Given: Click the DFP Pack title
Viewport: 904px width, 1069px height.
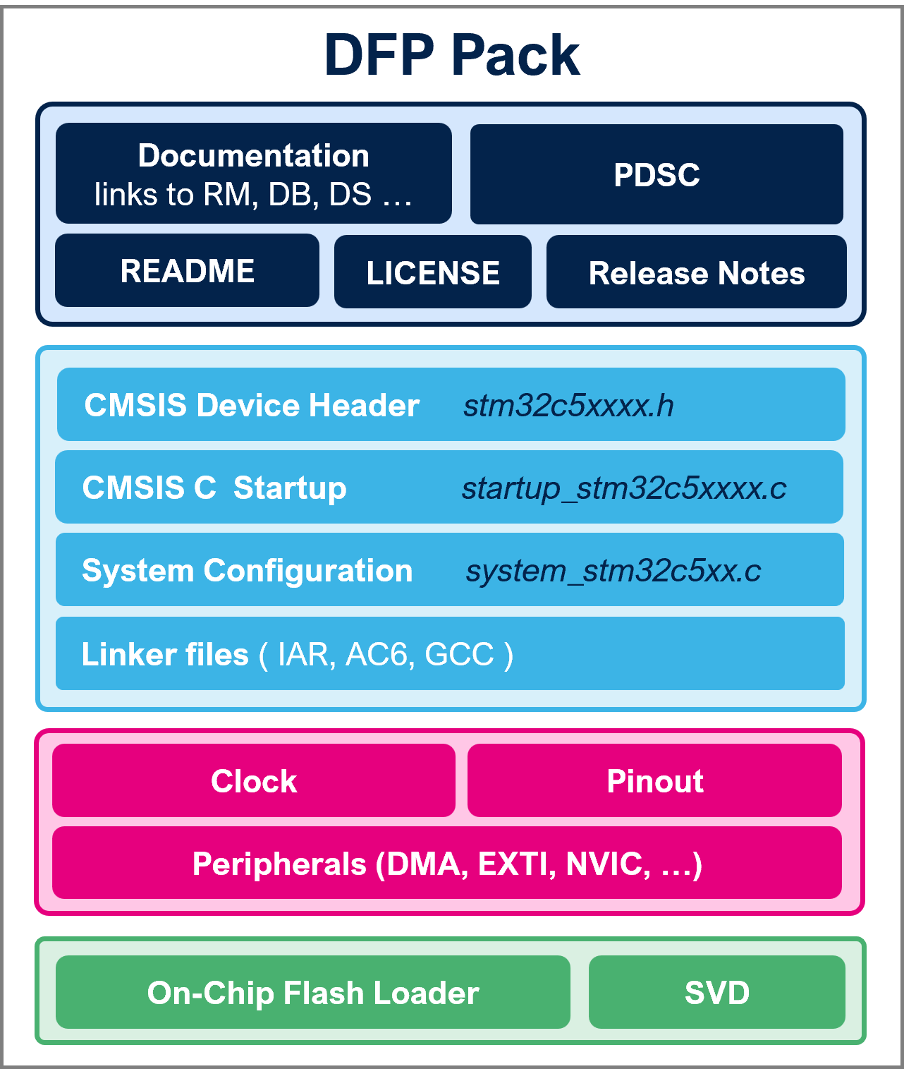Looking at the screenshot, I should pyautogui.click(x=451, y=55).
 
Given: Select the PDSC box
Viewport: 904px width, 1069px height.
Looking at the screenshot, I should pyautogui.click(x=656, y=174).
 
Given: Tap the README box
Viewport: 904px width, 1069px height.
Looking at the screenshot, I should pyautogui.click(x=187, y=271).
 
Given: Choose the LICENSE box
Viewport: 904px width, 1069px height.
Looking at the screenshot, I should pyautogui.click(x=432, y=273).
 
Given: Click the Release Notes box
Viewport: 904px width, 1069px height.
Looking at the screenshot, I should pyautogui.click(x=696, y=273).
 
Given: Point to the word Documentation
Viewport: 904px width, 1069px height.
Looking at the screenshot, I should pyautogui.click(x=253, y=155).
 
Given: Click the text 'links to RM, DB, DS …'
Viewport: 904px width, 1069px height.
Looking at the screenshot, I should pyautogui.click(x=253, y=195).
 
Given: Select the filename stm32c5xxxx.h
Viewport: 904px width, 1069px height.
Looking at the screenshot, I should pyautogui.click(x=568, y=406).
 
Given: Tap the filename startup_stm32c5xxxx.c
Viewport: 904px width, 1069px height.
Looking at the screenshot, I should pyautogui.click(x=623, y=488).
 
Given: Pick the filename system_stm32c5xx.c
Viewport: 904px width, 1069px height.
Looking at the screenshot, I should pyautogui.click(x=613, y=571).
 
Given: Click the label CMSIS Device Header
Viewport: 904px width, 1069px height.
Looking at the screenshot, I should pyautogui.click(x=252, y=406).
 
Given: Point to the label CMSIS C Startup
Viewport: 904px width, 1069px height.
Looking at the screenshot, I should pyautogui.click(x=214, y=488).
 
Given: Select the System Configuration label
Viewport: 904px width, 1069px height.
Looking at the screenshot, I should pyautogui.click(x=247, y=571).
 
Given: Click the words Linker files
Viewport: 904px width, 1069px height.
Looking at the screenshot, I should pyautogui.click(x=165, y=655).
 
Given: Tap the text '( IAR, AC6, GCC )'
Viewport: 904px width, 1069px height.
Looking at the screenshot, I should pyautogui.click(x=386, y=655).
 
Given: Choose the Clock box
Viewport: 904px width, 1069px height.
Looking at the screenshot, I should pyautogui.click(x=254, y=781).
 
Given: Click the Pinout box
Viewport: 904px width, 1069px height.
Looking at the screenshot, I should pyautogui.click(x=654, y=781).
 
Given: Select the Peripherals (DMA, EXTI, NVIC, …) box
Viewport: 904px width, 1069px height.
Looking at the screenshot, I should pyautogui.click(x=447, y=864).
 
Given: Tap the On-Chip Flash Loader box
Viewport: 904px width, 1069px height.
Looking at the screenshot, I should pyautogui.click(x=313, y=993).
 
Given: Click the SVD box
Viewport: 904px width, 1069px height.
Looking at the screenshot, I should pyautogui.click(x=716, y=993).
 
